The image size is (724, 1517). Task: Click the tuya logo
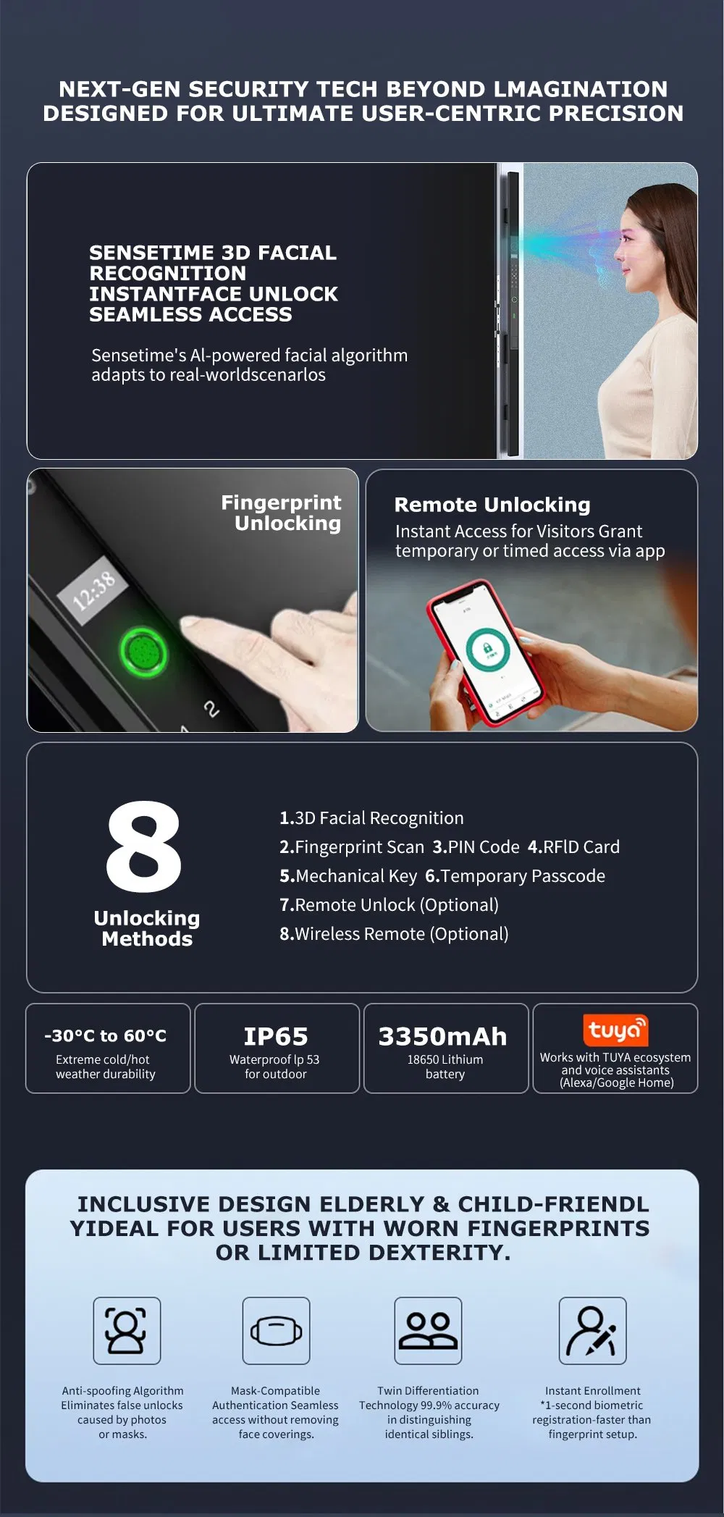[x=615, y=1030]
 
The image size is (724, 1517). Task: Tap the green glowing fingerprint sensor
[x=143, y=653]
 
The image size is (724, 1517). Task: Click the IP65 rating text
[x=276, y=1036]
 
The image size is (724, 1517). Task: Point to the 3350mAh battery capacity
[x=442, y=1036]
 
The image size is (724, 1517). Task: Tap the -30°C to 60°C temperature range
[x=105, y=1035]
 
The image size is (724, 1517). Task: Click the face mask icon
[x=276, y=1331]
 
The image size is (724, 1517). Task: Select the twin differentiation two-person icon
[x=428, y=1331]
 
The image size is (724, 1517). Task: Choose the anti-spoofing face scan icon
[x=126, y=1331]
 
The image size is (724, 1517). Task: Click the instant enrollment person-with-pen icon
[x=592, y=1331]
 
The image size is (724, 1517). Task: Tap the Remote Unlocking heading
[x=492, y=505]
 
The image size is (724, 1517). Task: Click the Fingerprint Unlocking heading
[x=281, y=513]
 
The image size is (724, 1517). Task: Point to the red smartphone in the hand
[x=484, y=652]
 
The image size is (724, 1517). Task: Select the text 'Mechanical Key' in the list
[x=356, y=876]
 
